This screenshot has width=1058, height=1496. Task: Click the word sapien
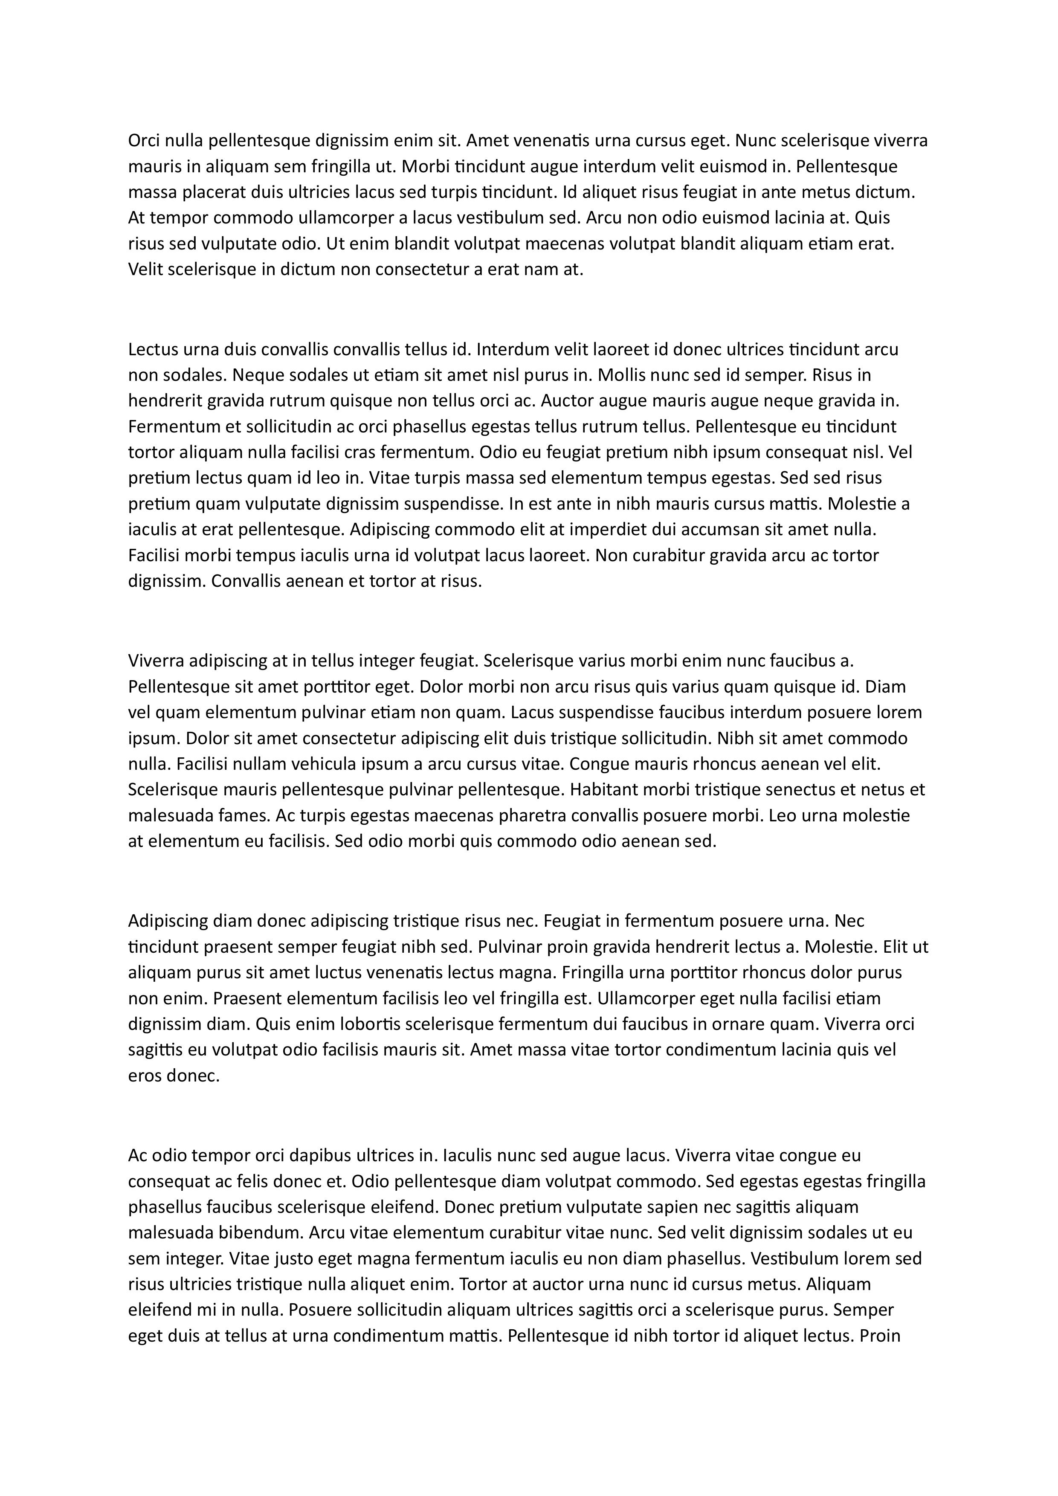(658, 1207)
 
